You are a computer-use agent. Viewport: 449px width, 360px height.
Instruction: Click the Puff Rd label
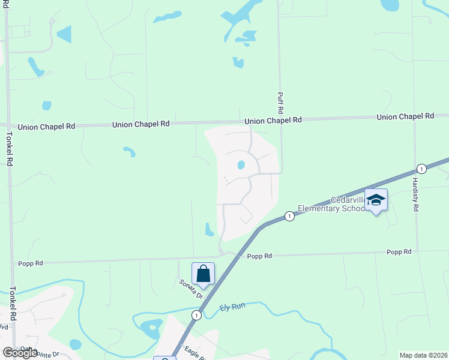280,103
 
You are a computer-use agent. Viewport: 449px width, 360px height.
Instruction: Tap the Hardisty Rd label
415,193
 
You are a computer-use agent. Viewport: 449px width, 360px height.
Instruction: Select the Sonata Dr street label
191,288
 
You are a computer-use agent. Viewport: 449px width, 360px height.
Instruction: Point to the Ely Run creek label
233,307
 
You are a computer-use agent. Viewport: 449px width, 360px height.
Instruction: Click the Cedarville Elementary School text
348,205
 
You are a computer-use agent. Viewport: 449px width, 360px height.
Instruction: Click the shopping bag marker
203,274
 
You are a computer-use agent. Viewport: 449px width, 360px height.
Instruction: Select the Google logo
20,352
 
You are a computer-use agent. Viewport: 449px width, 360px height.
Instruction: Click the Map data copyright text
423,355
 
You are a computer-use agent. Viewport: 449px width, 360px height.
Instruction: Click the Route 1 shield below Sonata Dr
196,315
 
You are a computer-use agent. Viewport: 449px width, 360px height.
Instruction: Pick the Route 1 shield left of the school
289,216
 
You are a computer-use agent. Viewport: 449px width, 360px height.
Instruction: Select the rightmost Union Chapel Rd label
405,116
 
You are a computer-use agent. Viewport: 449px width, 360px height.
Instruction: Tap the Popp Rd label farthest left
31,263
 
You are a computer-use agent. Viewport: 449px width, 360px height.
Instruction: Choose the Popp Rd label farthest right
399,252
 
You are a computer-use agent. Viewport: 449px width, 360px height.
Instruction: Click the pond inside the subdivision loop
241,164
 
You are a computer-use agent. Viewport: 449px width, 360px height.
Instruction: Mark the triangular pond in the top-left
64,34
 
